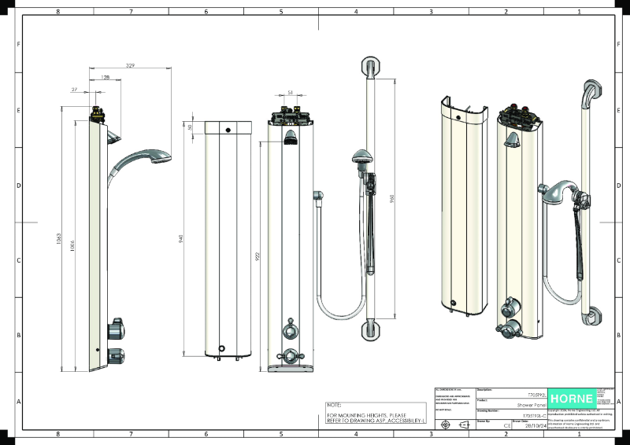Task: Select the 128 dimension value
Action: coord(106,79)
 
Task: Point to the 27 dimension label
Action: coord(74,90)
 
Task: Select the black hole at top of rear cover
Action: coord(228,130)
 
